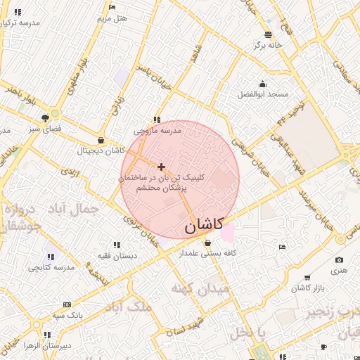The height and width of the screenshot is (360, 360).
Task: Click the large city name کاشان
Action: click(204, 225)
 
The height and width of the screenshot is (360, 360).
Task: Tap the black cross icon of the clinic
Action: click(162, 167)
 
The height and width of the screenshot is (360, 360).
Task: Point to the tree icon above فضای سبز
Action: click(46, 118)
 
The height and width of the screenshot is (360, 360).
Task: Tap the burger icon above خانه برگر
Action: click(268, 34)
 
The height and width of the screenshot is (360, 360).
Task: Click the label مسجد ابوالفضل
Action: click(262, 94)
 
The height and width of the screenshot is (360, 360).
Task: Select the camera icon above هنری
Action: click(340, 260)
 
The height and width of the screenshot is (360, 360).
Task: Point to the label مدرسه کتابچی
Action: click(51, 268)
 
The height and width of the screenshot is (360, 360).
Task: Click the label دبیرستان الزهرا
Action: click(46, 345)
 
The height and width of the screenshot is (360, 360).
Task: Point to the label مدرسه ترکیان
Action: click(21, 23)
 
